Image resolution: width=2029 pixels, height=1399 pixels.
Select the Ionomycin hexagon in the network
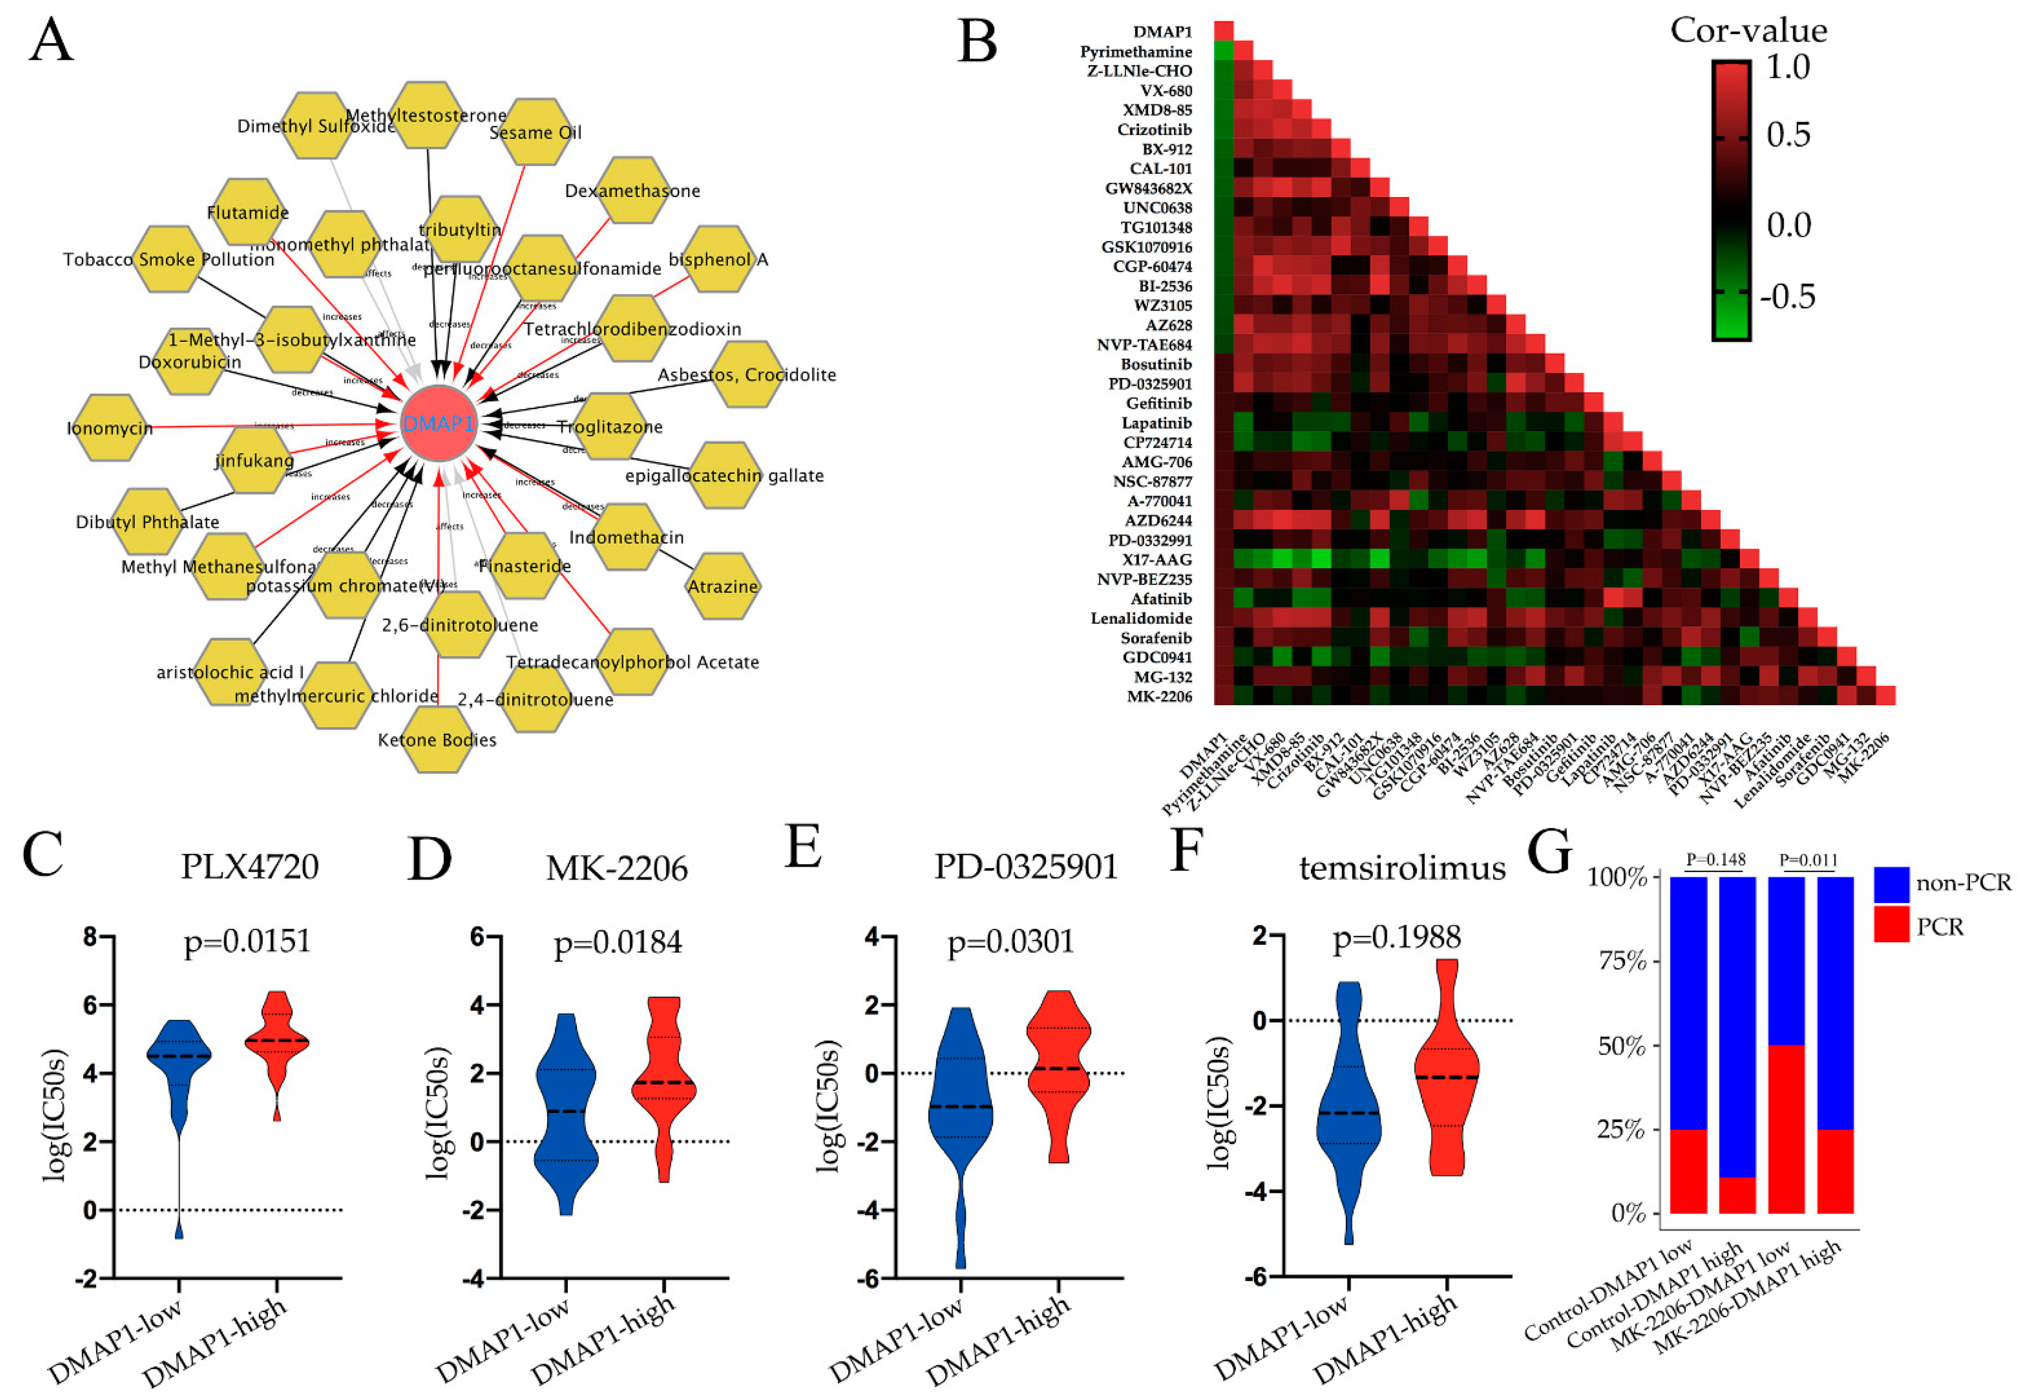(110, 428)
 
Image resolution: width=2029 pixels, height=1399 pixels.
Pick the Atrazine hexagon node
(723, 586)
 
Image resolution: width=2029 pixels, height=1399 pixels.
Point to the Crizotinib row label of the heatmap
(1154, 130)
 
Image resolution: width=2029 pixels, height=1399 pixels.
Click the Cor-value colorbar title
(1748, 31)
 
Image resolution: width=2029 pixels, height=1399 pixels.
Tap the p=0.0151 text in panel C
(247, 941)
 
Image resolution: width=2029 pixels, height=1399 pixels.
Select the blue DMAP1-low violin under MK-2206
(565, 1113)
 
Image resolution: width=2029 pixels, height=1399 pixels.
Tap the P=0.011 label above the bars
(1808, 860)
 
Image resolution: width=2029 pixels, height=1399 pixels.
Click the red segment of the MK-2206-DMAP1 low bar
(1786, 1129)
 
